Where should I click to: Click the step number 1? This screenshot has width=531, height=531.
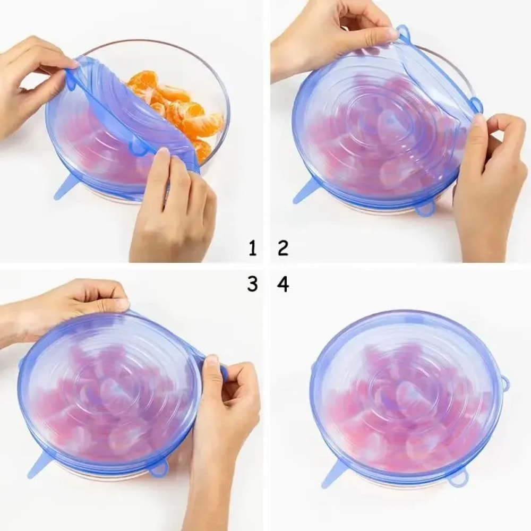click(253, 247)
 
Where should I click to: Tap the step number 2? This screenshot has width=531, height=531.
click(283, 247)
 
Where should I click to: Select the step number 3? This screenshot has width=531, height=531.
click(253, 284)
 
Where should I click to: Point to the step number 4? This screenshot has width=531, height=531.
click(283, 284)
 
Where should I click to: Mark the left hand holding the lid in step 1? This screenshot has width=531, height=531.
click(32, 80)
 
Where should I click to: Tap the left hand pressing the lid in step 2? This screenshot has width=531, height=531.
click(329, 37)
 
